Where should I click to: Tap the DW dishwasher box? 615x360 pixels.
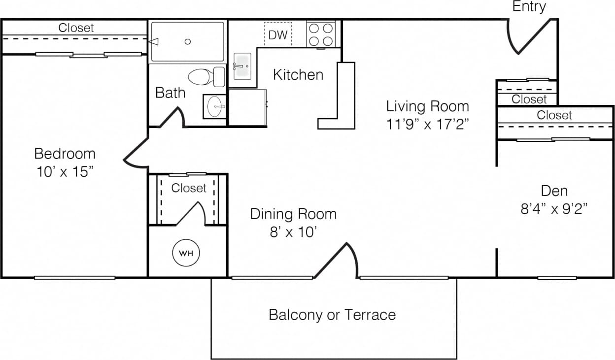277,35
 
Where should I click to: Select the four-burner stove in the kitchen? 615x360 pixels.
321,34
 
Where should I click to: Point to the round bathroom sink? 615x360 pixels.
214,106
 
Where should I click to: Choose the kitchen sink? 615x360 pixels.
241,66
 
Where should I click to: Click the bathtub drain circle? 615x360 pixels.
188,42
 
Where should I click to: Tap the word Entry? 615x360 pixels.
529,7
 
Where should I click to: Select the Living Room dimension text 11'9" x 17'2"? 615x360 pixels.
427,124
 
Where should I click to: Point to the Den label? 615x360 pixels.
554,191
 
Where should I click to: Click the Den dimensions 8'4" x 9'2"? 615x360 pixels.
555,209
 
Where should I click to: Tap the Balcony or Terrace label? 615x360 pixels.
332,315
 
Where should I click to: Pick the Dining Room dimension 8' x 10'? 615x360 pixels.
293,232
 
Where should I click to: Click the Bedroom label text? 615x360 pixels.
65,154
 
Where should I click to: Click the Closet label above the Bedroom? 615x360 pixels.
76,28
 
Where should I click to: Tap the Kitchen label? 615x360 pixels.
298,75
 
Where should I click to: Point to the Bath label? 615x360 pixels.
171,93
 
